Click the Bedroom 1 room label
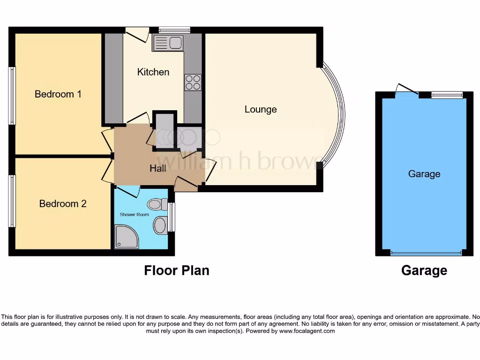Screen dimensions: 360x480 pos(58,94)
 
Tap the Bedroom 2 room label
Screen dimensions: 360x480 pos(63,204)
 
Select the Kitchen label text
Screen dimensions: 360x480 pos(153,72)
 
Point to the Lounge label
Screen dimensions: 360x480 pos(261,109)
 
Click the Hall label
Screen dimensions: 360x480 pos(158,168)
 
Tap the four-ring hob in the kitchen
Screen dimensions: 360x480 pos(193,82)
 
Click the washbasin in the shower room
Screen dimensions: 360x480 pos(160,225)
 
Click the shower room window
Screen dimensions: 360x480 pos(172,217)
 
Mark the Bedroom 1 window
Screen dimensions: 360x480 pos(12,96)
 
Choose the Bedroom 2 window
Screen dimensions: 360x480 pos(12,201)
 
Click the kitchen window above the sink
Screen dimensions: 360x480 pos(174,30)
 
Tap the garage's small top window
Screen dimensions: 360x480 pos(447,95)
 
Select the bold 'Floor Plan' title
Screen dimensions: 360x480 pos(176,270)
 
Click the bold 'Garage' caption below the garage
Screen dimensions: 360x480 pos(424,270)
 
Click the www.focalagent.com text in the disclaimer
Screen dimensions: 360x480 pos(307,331)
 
